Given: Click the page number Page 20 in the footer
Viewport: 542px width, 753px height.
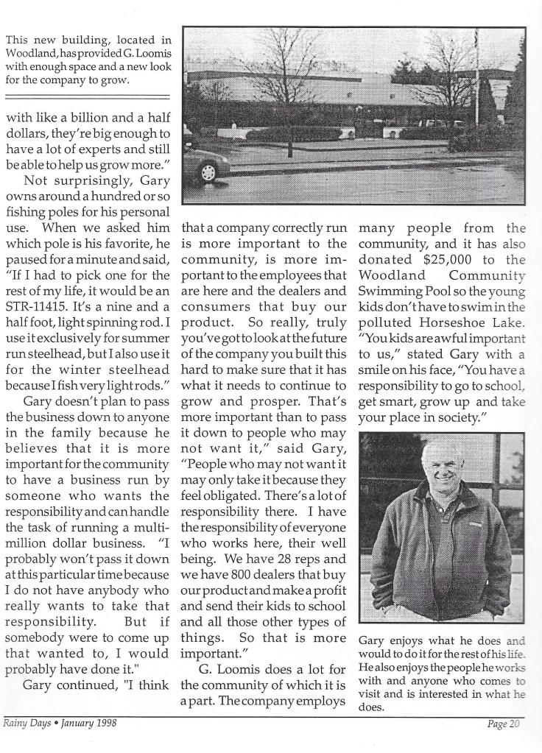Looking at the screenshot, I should tap(504, 725).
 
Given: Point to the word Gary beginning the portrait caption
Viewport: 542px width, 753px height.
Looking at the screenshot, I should tap(371, 641).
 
